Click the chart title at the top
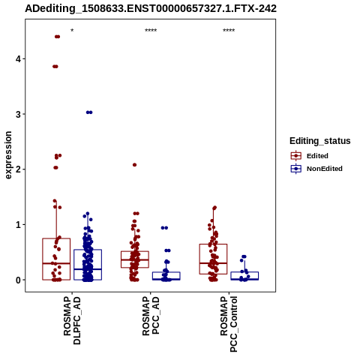click(x=151, y=8)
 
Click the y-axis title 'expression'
click(x=8, y=155)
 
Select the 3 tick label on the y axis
click(x=18, y=114)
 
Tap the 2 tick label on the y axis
click(x=18, y=169)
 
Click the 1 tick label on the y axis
click(x=18, y=224)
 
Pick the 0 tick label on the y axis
click(x=18, y=280)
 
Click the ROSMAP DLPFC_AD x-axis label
click(x=72, y=320)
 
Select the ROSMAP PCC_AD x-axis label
click(x=151, y=316)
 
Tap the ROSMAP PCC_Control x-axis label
click(x=229, y=324)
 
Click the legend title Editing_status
click(x=320, y=141)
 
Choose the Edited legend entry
click(x=310, y=156)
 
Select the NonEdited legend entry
click(x=316, y=169)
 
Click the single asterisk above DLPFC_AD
click(x=72, y=31)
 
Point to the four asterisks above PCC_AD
click(x=151, y=31)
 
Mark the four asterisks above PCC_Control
click(x=229, y=31)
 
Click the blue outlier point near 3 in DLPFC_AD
click(x=89, y=112)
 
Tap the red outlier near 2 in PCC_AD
click(x=134, y=165)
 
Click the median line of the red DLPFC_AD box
click(x=56, y=263)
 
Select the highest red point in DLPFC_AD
click(x=57, y=37)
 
